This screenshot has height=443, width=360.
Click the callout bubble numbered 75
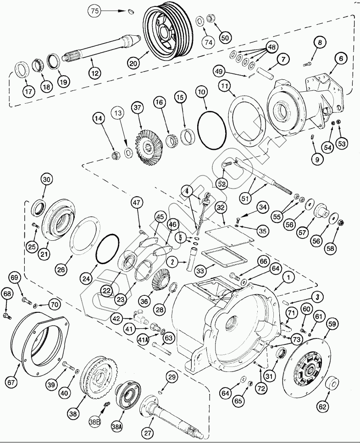(95, 11)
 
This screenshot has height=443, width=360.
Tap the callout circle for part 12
(95, 73)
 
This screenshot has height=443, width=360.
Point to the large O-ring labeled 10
(212, 129)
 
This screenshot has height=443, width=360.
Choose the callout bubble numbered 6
(341, 58)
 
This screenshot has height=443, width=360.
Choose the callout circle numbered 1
(288, 277)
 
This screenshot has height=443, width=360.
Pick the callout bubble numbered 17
(28, 92)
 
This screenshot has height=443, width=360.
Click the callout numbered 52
(222, 184)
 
